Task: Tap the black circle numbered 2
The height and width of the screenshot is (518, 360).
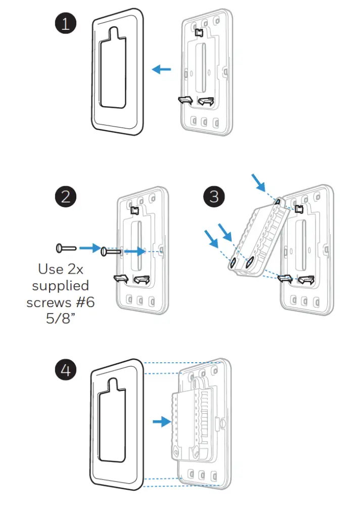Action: (66, 196)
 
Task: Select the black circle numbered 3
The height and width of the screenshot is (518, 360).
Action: (214, 196)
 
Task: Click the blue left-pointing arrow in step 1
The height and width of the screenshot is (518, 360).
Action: (162, 69)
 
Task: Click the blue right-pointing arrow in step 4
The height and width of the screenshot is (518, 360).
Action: (162, 421)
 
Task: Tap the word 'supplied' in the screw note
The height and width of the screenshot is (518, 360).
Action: (61, 286)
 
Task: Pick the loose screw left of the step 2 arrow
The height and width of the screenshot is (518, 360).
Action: (66, 248)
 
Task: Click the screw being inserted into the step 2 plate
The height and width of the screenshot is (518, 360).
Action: (110, 250)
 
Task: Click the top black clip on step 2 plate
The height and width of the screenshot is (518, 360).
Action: (135, 209)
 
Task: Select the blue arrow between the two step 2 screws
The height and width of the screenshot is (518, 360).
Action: (89, 248)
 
